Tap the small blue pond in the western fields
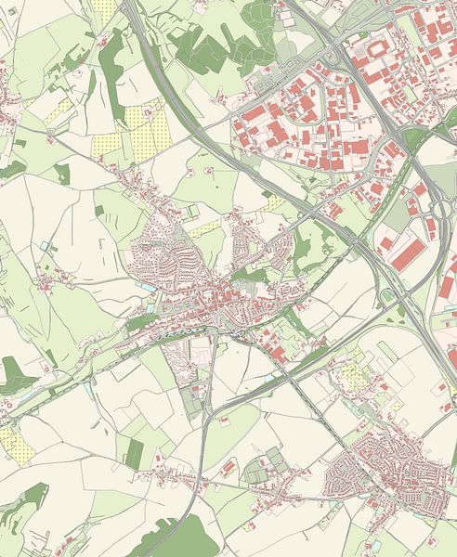46,246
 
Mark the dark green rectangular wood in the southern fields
135,452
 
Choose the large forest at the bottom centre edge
176,538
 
